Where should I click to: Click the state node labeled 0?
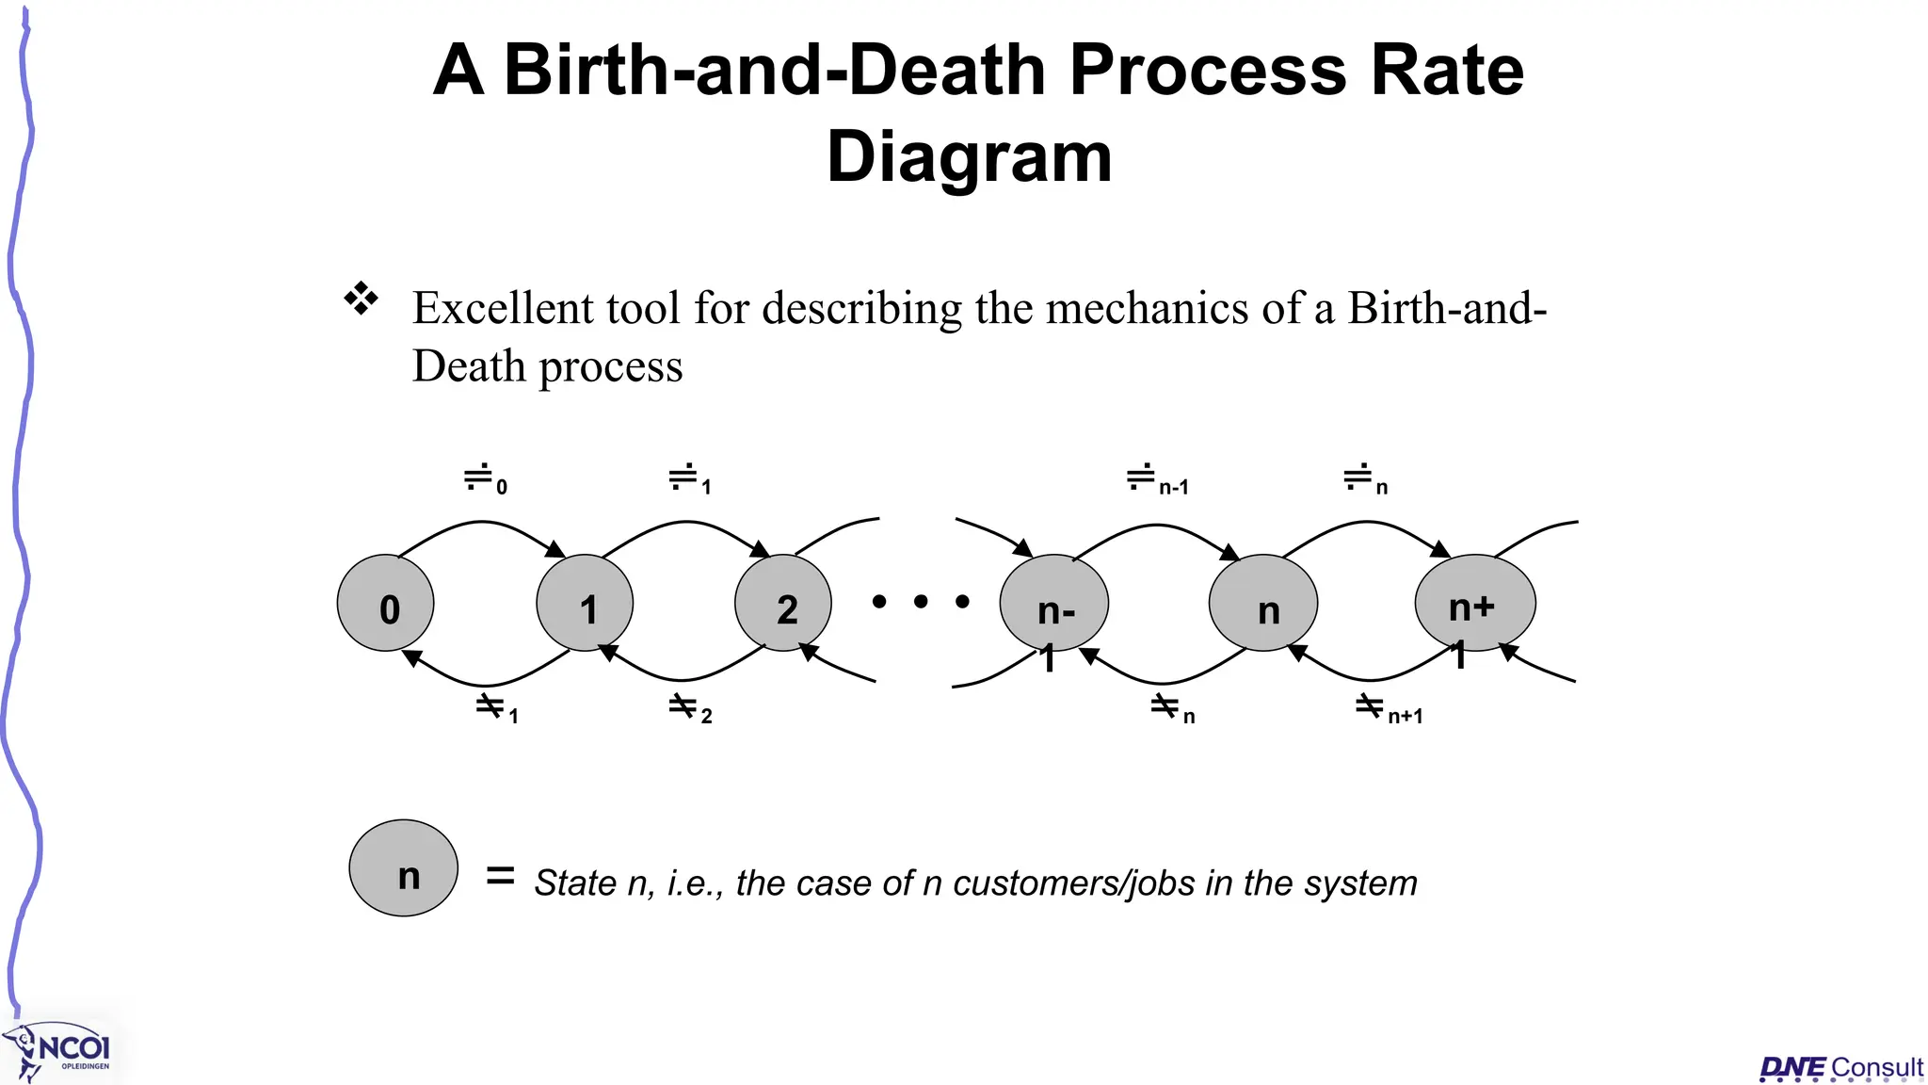click(x=386, y=604)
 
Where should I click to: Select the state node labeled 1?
click(x=585, y=604)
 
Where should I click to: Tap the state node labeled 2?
click(x=783, y=604)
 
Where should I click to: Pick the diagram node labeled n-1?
click(x=1054, y=604)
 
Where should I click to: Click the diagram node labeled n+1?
click(x=1475, y=604)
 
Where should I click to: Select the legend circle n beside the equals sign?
click(x=404, y=868)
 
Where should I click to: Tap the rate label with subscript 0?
click(x=486, y=479)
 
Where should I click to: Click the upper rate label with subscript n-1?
click(x=1158, y=479)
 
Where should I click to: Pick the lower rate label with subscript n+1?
click(x=1390, y=708)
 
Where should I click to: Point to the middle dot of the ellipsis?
click(x=921, y=601)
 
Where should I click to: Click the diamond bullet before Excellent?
click(x=361, y=299)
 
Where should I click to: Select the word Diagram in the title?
click(x=970, y=156)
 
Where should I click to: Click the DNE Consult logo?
click(x=1840, y=1068)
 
